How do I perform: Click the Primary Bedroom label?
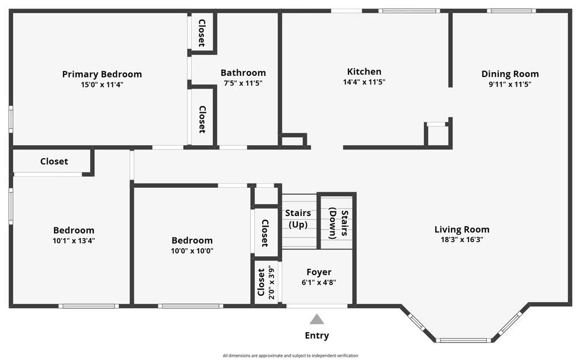pos(102,74)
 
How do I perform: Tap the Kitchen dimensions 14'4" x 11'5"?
pos(364,82)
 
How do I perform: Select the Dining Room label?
pos(510,74)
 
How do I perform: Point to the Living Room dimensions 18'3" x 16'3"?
pos(462,239)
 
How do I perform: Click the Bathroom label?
pos(243,73)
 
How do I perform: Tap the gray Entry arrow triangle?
pos(317,320)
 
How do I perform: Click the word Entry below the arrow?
pos(317,336)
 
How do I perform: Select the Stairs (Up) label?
pos(298,219)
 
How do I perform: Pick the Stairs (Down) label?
pos(338,224)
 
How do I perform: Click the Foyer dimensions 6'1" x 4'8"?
pos(319,282)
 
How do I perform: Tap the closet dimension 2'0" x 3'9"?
pos(272,283)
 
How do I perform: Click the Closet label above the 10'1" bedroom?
pos(54,162)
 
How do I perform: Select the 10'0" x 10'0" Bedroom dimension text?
pos(192,251)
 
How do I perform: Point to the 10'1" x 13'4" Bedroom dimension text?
pos(74,240)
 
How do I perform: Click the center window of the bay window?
pos(464,340)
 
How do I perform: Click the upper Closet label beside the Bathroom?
pos(201,33)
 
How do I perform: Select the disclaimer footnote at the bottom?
pos(290,355)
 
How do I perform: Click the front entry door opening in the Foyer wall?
pos(317,306)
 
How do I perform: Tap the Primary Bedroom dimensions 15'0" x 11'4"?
pos(102,84)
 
